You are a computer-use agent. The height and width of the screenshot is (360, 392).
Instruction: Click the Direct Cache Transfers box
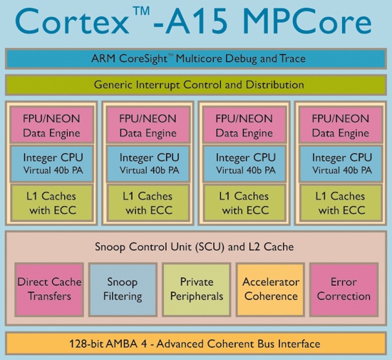pyautogui.click(x=49, y=289)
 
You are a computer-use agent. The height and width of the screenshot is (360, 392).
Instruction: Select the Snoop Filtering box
pyautogui.click(x=123, y=289)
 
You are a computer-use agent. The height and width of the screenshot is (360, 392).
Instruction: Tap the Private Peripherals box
pyautogui.click(x=197, y=289)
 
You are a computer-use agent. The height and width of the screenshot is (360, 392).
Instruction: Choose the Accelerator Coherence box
pyautogui.click(x=271, y=289)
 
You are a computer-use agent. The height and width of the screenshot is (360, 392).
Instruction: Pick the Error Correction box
pyautogui.click(x=344, y=289)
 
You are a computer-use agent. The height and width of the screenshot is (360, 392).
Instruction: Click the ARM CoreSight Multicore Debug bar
pyautogui.click(x=196, y=58)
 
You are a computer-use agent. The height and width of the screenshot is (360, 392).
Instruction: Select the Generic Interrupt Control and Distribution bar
pyautogui.click(x=196, y=85)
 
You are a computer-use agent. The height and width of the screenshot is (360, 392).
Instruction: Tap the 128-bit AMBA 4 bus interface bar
pyautogui.click(x=196, y=344)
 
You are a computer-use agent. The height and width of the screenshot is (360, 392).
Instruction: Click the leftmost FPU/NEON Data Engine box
pyautogui.click(x=51, y=125)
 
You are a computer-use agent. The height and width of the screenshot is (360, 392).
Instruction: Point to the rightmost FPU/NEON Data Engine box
pyautogui.click(x=341, y=125)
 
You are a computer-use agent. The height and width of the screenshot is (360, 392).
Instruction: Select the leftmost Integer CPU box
pyautogui.click(x=51, y=163)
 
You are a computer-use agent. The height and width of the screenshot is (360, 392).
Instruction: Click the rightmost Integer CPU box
pyautogui.click(x=341, y=163)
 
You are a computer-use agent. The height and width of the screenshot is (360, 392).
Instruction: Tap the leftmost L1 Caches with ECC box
pyautogui.click(x=51, y=202)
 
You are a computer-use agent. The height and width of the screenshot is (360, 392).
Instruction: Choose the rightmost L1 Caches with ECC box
pyautogui.click(x=341, y=202)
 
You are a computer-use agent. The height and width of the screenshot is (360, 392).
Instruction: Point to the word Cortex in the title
pyautogui.click(x=72, y=22)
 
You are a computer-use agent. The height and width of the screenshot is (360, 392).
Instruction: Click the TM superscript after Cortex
pyautogui.click(x=142, y=11)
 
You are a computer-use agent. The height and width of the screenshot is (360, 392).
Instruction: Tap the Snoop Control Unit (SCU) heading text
pyautogui.click(x=195, y=247)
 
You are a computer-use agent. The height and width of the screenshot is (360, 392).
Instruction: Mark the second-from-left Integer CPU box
pyautogui.click(x=148, y=163)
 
